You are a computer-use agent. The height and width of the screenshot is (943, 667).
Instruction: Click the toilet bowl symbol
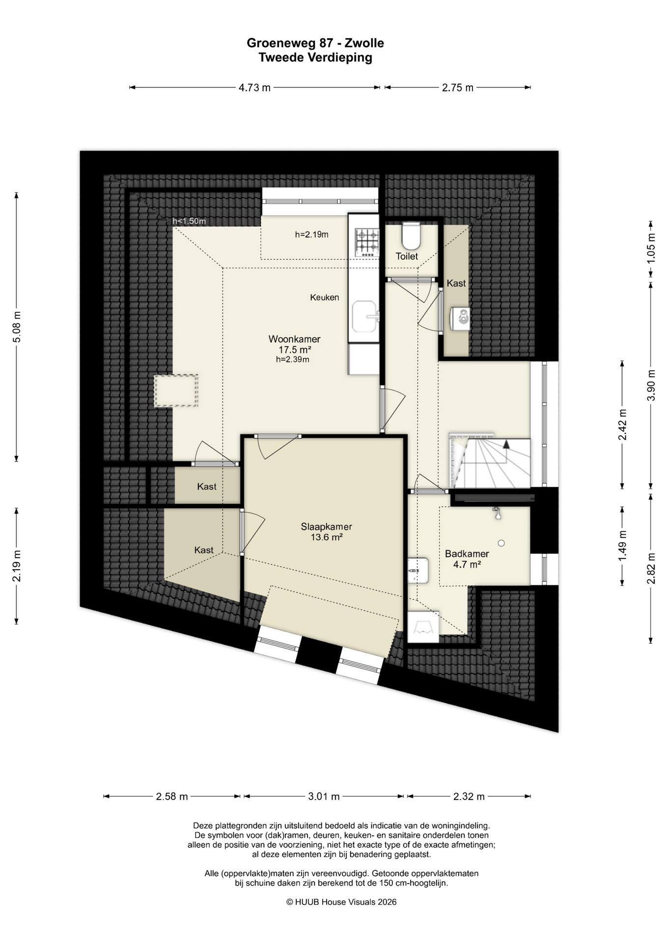pyautogui.click(x=411, y=236)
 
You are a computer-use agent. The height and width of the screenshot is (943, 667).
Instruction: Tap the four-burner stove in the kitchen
pyautogui.click(x=368, y=243)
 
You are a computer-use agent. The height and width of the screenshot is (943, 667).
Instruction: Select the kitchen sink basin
pyautogui.click(x=364, y=317)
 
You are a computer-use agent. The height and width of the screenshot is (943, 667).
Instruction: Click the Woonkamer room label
pyautogui.click(x=294, y=339)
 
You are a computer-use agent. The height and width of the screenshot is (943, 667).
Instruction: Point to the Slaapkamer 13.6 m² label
pyautogui.click(x=327, y=532)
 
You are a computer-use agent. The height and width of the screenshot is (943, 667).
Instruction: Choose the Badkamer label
pyautogui.click(x=467, y=554)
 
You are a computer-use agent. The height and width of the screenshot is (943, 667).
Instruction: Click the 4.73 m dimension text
pyautogui.click(x=254, y=88)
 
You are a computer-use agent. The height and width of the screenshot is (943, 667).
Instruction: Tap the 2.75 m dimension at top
pyautogui.click(x=458, y=88)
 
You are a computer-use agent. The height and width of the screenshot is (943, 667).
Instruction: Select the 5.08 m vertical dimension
pyautogui.click(x=17, y=327)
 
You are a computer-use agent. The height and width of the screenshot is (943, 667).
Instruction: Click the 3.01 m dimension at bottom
pyautogui.click(x=324, y=797)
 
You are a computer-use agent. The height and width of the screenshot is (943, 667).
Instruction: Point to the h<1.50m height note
pyautogui.click(x=189, y=221)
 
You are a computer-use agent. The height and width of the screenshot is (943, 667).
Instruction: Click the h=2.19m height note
pyautogui.click(x=312, y=235)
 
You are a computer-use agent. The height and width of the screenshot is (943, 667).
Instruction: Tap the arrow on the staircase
pyautogui.click(x=506, y=444)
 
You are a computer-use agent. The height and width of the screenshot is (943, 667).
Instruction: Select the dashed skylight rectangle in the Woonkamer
pyautogui.click(x=176, y=390)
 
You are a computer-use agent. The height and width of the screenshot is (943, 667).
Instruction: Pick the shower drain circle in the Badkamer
pyautogui.click(x=501, y=543)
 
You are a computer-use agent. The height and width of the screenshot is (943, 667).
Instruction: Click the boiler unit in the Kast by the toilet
pyautogui.click(x=461, y=318)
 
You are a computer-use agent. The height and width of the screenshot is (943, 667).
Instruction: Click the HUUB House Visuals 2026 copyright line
pyautogui.click(x=341, y=902)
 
